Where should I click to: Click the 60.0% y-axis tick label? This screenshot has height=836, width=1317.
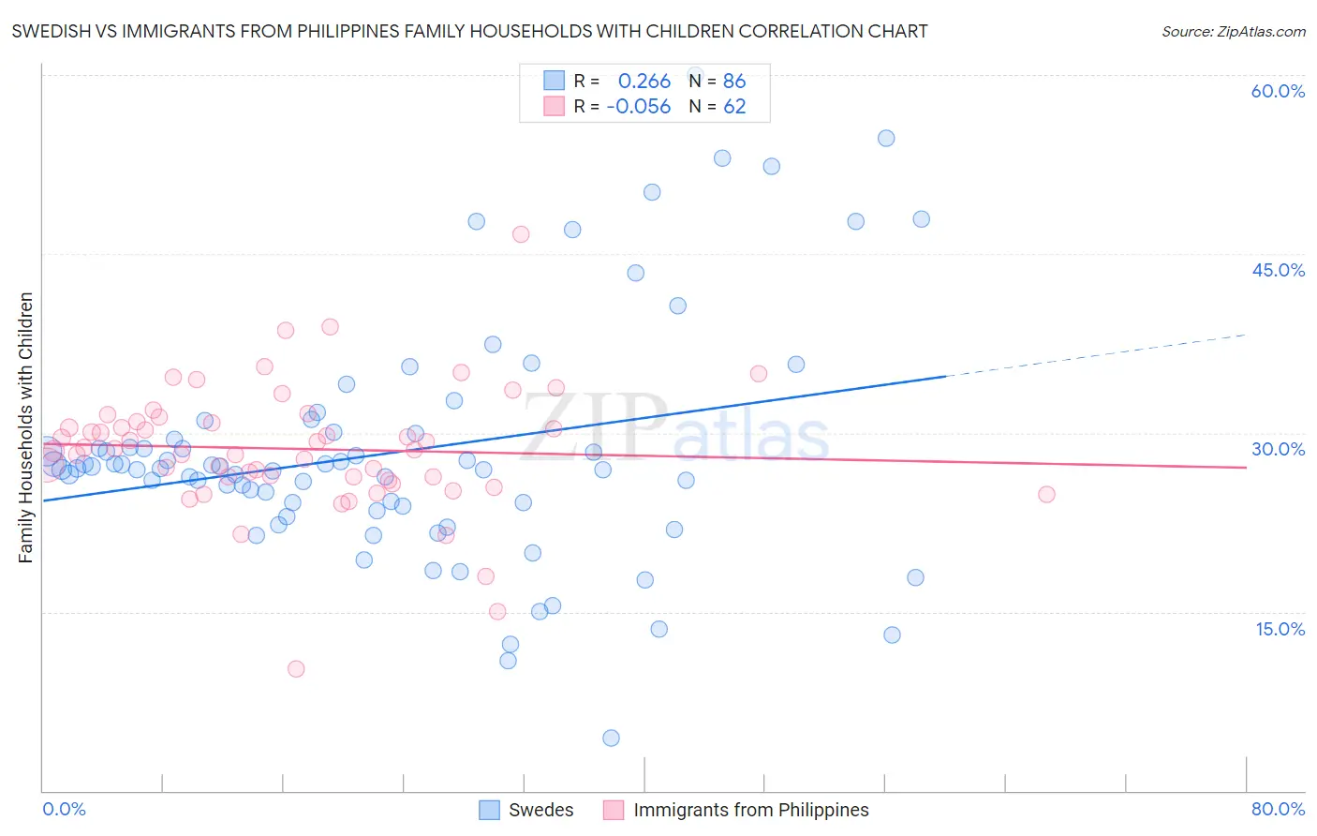click(x=1278, y=91)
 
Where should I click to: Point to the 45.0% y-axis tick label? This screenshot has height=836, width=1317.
click(x=1278, y=270)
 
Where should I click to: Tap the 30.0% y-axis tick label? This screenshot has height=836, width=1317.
click(x=1278, y=449)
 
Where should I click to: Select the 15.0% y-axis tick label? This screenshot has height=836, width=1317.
click(x=1280, y=629)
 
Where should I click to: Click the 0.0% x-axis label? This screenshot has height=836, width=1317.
click(x=64, y=809)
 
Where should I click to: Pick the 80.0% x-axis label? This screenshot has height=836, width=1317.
click(x=1278, y=809)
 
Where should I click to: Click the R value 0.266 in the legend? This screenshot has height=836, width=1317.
click(x=644, y=82)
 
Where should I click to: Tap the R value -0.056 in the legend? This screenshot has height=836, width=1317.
click(x=639, y=107)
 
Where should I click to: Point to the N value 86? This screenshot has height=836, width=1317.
click(x=734, y=82)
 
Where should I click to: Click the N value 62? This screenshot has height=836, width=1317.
click(x=734, y=107)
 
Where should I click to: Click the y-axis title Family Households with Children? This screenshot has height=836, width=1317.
click(x=25, y=427)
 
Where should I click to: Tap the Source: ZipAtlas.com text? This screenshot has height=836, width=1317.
click(x=1233, y=32)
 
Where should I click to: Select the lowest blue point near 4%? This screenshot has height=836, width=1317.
click(x=611, y=738)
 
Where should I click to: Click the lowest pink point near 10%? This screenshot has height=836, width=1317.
click(x=296, y=668)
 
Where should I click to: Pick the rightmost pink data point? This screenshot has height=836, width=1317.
click(x=1046, y=494)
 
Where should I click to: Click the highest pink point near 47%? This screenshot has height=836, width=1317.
click(x=521, y=234)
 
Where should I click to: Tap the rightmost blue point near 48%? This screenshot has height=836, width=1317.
click(x=921, y=219)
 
